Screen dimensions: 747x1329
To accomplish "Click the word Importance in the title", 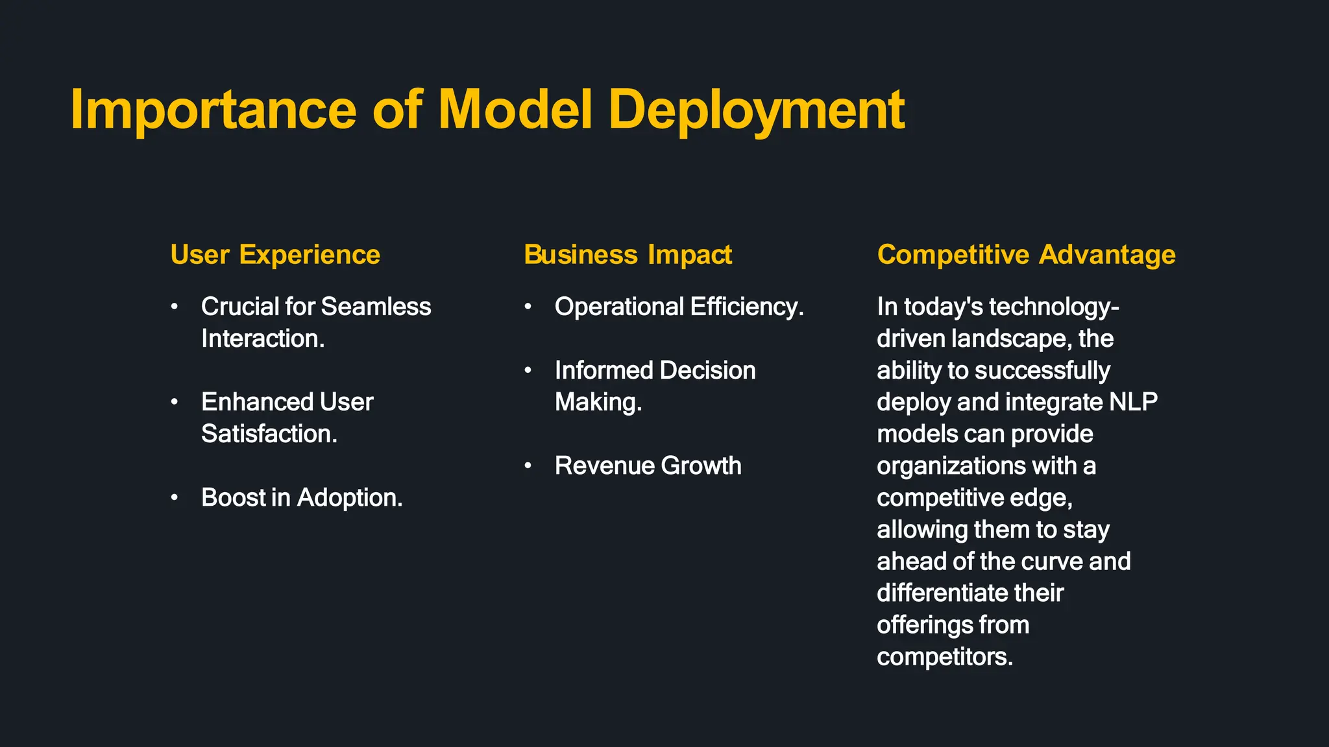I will (213, 110).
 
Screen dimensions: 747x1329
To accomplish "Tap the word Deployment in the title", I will (756, 110).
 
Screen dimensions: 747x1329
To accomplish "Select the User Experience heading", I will (275, 255).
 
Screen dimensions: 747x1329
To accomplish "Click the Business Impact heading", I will (628, 255).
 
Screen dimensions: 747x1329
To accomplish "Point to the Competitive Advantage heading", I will (1026, 255).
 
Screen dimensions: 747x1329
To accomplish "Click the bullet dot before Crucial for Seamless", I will (175, 307).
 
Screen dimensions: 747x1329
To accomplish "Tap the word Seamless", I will (376, 307).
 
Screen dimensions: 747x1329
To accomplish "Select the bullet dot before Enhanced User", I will (175, 402).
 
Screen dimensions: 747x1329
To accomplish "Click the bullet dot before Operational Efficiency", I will (528, 307).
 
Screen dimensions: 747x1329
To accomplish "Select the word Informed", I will (604, 370).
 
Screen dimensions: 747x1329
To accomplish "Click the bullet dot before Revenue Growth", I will (528, 466).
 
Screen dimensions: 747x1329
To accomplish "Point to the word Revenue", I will (604, 466).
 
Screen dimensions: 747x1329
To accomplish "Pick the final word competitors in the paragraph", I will (944, 657).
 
